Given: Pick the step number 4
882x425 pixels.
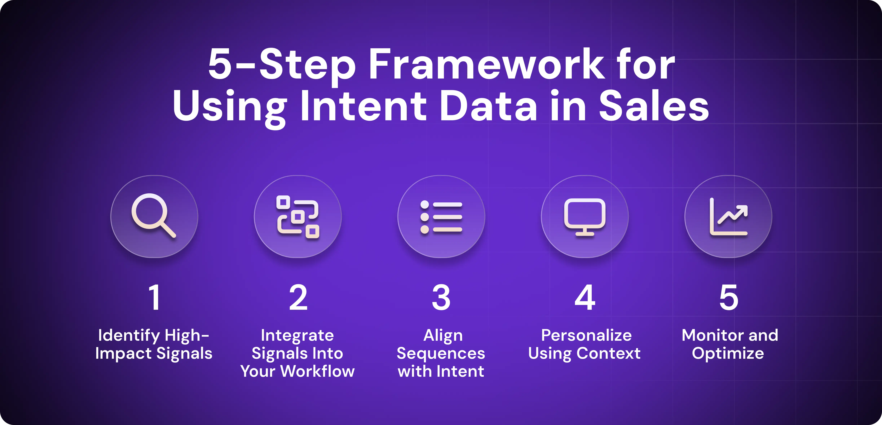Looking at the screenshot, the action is click(x=585, y=297).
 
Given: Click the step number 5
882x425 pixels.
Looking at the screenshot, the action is click(x=729, y=297).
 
